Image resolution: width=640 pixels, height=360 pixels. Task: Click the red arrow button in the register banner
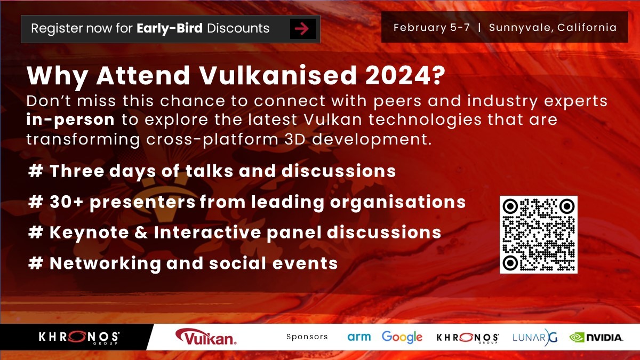click(302, 29)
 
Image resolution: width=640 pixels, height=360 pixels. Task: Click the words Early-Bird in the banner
click(170, 28)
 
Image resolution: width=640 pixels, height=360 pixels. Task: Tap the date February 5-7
click(431, 27)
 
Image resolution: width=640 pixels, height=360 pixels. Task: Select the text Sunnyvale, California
click(553, 27)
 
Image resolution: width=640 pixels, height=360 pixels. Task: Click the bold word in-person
click(70, 119)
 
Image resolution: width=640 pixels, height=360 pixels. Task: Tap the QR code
click(538, 235)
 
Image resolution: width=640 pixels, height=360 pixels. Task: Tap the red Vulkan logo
click(206, 337)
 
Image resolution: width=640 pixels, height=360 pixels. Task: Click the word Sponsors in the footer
click(307, 337)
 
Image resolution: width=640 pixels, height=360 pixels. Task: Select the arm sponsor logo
click(358, 337)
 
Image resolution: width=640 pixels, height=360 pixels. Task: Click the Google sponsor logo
click(402, 337)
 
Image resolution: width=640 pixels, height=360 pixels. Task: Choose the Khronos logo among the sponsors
click(468, 337)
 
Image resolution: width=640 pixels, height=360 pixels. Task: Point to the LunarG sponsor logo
click(534, 337)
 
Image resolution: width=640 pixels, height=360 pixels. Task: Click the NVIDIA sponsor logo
click(596, 337)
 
